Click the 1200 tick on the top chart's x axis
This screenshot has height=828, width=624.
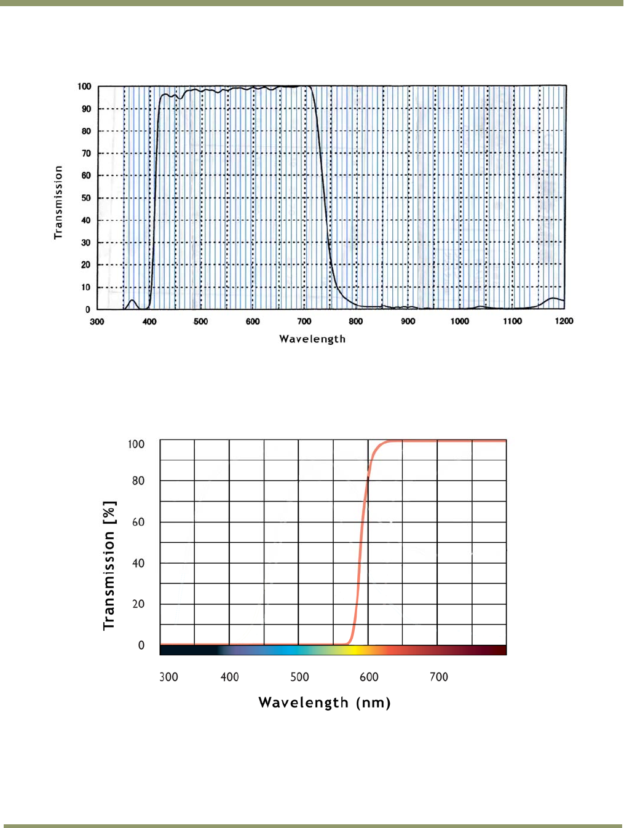pos(564,321)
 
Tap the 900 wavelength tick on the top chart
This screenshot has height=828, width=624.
pos(408,321)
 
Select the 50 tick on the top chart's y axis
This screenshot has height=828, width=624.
pos(86,198)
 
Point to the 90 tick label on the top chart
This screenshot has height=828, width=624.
pos(86,109)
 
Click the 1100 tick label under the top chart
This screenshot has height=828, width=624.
pos(512,321)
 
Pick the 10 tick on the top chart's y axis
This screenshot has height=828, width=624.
pos(86,287)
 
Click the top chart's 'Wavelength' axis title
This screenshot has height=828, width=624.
pos(312,339)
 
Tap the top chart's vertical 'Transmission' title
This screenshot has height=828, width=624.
pos(58,202)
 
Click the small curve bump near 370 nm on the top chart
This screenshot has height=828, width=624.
pos(132,301)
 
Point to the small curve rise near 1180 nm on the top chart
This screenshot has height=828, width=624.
pos(554,299)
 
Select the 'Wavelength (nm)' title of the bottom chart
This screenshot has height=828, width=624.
pos(325,703)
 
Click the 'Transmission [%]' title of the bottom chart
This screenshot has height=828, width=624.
pos(109,565)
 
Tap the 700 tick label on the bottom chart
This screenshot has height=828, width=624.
pos(439,677)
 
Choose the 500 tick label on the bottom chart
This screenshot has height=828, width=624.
pos(299,677)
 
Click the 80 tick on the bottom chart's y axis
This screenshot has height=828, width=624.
pos(138,481)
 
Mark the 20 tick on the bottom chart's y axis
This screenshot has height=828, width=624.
pos(138,604)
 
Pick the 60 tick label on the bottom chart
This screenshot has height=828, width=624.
pos(138,522)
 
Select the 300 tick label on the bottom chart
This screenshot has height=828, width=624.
pos(168,677)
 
